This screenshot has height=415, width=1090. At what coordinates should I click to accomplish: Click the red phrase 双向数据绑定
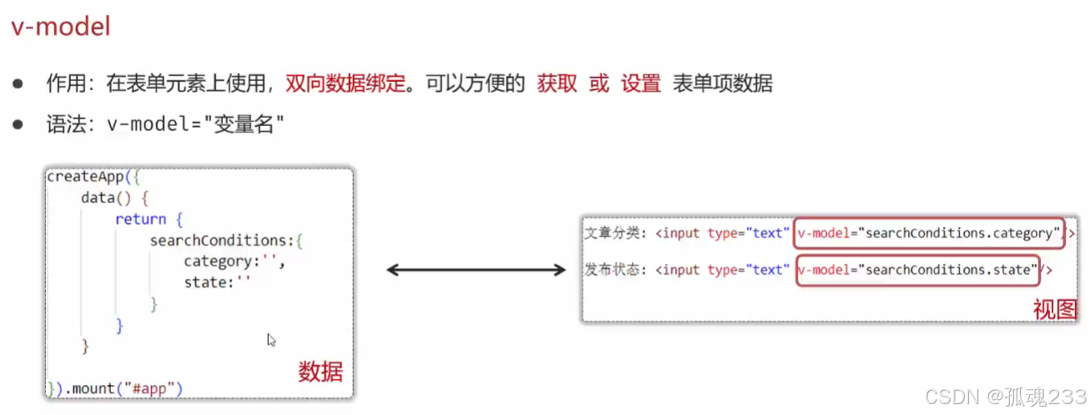[x=345, y=84]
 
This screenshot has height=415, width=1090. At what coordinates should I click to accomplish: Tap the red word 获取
[x=558, y=84]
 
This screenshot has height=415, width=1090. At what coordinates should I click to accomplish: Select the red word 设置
[x=641, y=84]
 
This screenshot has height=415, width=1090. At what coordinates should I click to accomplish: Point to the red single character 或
[x=599, y=84]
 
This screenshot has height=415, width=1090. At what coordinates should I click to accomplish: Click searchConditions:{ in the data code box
[x=225, y=241]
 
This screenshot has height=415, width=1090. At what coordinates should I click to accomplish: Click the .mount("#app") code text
[x=124, y=387]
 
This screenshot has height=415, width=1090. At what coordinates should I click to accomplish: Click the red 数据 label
[x=320, y=372]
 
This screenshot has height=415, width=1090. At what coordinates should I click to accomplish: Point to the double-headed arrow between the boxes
[x=477, y=269]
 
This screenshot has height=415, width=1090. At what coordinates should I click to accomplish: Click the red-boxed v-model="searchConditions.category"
[x=929, y=233]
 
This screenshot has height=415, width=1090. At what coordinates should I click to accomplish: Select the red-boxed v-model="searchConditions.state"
[x=917, y=270]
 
